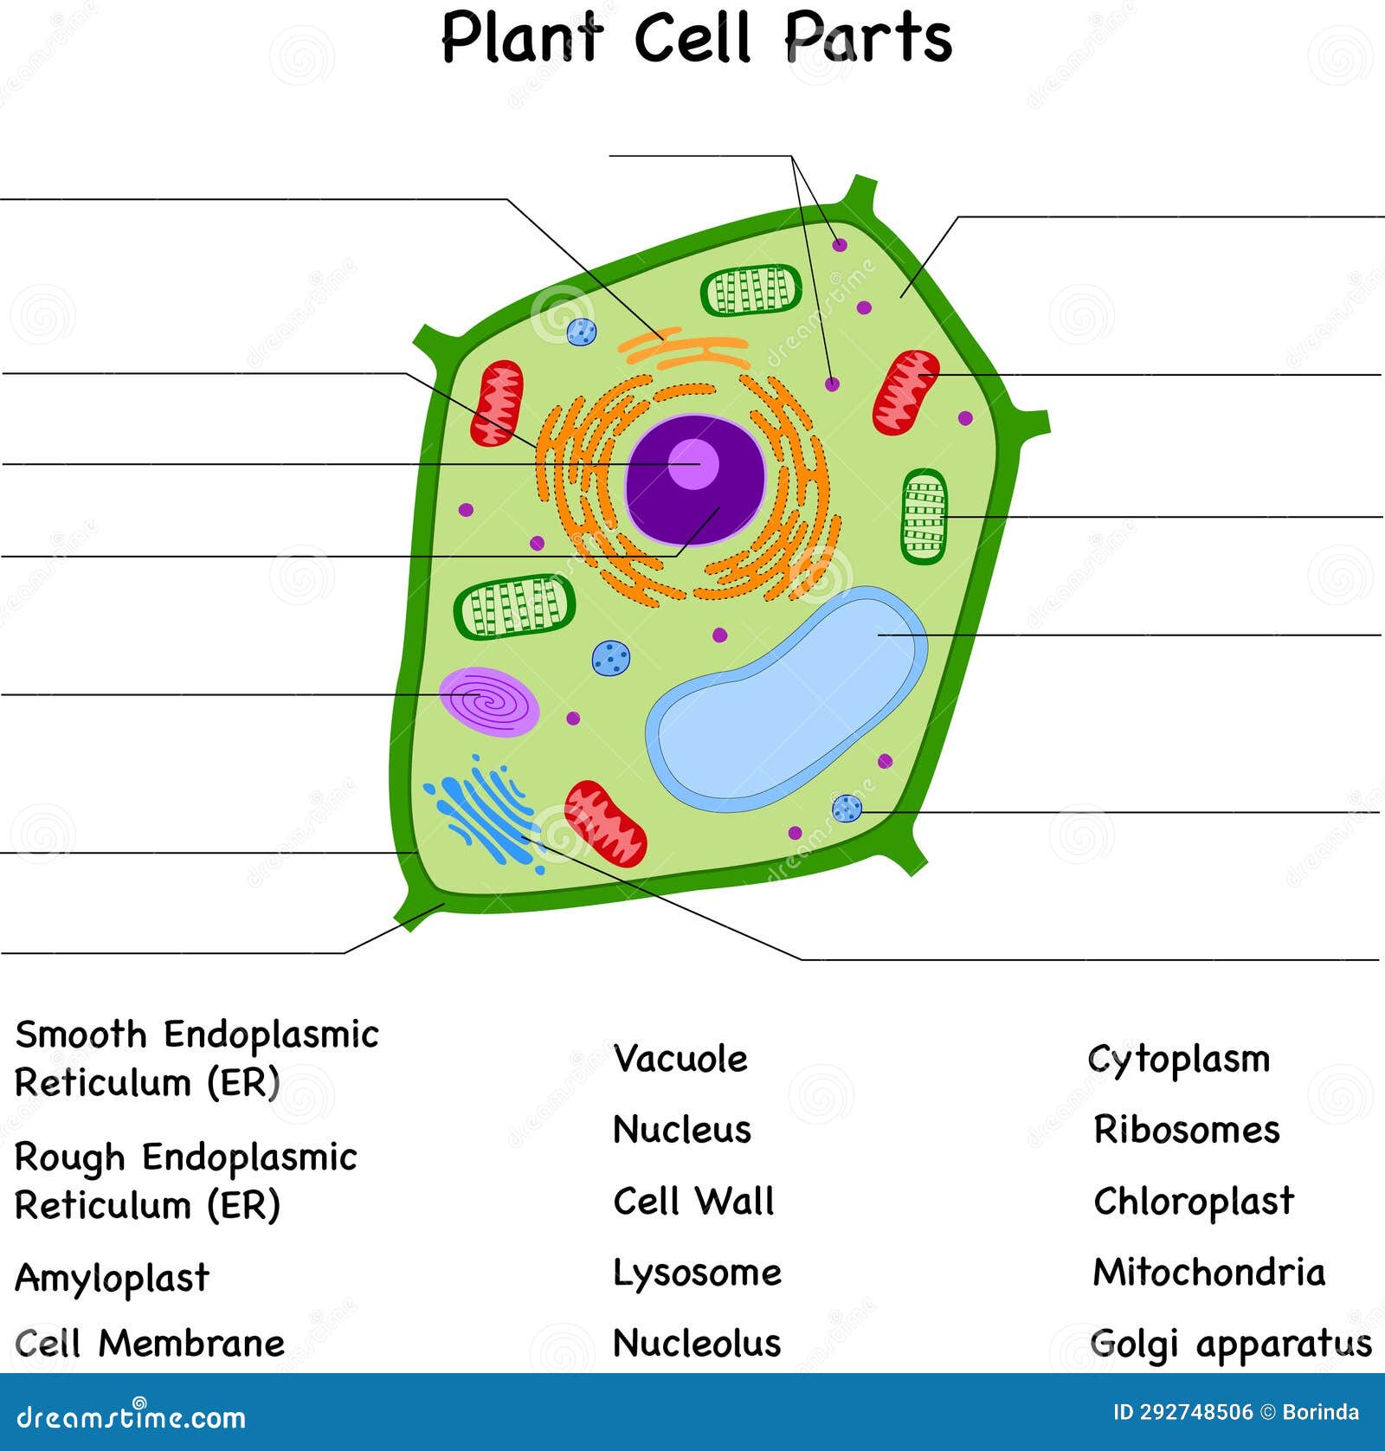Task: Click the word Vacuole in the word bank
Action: click(680, 1059)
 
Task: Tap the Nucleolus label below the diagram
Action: click(697, 1343)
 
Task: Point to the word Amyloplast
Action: click(113, 1278)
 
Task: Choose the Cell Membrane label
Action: click(150, 1344)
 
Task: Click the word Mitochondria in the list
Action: click(1209, 1273)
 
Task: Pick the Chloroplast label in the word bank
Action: click(1194, 1202)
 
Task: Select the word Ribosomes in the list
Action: click(1187, 1130)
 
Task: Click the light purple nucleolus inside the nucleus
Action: click(693, 464)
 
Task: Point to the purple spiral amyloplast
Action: click(489, 700)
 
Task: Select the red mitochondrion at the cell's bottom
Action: click(605, 823)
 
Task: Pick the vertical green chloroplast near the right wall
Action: click(924, 517)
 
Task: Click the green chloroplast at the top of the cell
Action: click(751, 290)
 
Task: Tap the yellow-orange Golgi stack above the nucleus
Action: click(684, 350)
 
